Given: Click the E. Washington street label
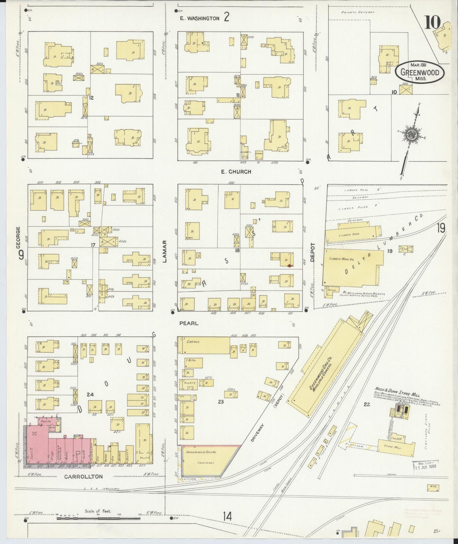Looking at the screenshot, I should pyautogui.click(x=199, y=18).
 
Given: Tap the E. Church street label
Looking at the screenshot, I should pyautogui.click(x=236, y=172).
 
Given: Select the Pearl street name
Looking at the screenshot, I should pyautogui.click(x=189, y=323).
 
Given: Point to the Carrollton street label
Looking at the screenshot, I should pyautogui.click(x=83, y=476).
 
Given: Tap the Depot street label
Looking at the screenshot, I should pyautogui.click(x=313, y=252).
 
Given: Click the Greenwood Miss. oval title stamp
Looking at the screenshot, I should pyautogui.click(x=419, y=72).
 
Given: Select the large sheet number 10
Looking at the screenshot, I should pyautogui.click(x=432, y=23).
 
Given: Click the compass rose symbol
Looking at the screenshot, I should pyautogui.click(x=411, y=135).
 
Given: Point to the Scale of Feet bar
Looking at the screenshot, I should pyautogui.click(x=98, y=518).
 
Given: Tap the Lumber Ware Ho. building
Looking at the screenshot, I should pyautogui.click(x=352, y=267).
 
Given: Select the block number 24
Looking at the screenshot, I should pyautogui.click(x=90, y=395).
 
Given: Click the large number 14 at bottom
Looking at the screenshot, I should pyautogui.click(x=227, y=516).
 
